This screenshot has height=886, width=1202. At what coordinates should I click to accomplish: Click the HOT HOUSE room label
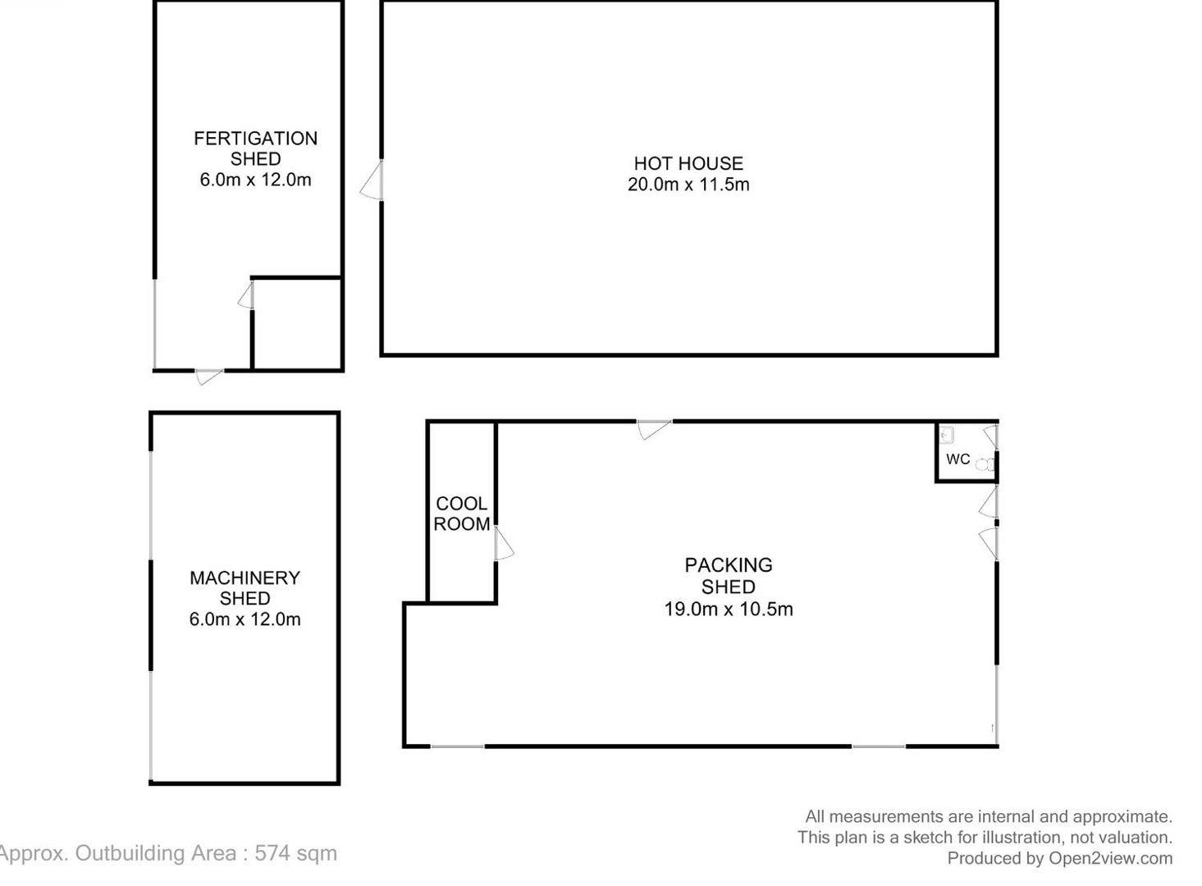click(688, 163)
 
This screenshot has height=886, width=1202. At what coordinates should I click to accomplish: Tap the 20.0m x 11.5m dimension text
click(688, 185)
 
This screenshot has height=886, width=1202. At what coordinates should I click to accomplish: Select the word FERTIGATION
click(255, 139)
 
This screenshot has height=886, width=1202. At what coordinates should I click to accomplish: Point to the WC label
click(957, 459)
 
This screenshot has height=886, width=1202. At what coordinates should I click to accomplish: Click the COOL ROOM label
click(461, 514)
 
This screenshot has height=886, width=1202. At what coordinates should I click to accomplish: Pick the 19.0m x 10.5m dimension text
click(729, 609)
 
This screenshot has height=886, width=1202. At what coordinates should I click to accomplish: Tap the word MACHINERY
click(245, 578)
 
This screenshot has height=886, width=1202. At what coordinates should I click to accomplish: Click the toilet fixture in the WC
click(986, 464)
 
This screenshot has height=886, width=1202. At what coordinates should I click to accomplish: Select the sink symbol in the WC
click(947, 435)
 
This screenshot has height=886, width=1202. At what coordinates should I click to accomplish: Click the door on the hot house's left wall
click(372, 180)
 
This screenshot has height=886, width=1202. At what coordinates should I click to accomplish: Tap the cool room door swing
click(504, 543)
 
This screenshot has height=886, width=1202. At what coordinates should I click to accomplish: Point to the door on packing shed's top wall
click(654, 430)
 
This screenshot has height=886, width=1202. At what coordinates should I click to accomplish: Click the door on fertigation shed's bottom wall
click(208, 377)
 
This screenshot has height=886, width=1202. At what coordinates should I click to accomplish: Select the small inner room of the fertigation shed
click(297, 324)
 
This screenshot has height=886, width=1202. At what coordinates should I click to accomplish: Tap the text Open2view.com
click(1111, 858)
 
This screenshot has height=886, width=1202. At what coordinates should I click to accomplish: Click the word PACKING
click(729, 565)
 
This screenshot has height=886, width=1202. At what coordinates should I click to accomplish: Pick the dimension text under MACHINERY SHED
click(245, 619)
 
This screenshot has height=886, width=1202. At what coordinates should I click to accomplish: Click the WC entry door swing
click(990, 436)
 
